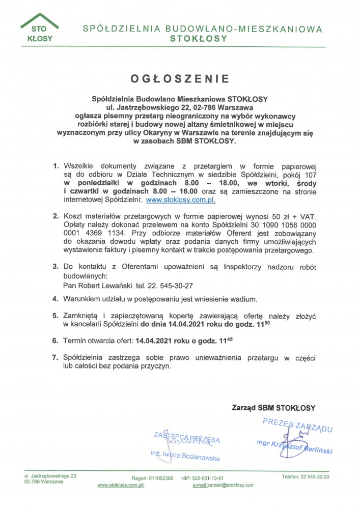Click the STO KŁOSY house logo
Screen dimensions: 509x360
point(40,30)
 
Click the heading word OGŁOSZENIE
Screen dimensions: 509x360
point(180,79)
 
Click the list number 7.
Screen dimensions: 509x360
point(56,358)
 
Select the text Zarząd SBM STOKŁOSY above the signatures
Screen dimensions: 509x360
point(273,407)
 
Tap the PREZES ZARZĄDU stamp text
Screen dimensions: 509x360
point(297,425)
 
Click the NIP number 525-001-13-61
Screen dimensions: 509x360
point(214,478)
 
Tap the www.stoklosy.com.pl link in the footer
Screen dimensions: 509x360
point(121,486)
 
